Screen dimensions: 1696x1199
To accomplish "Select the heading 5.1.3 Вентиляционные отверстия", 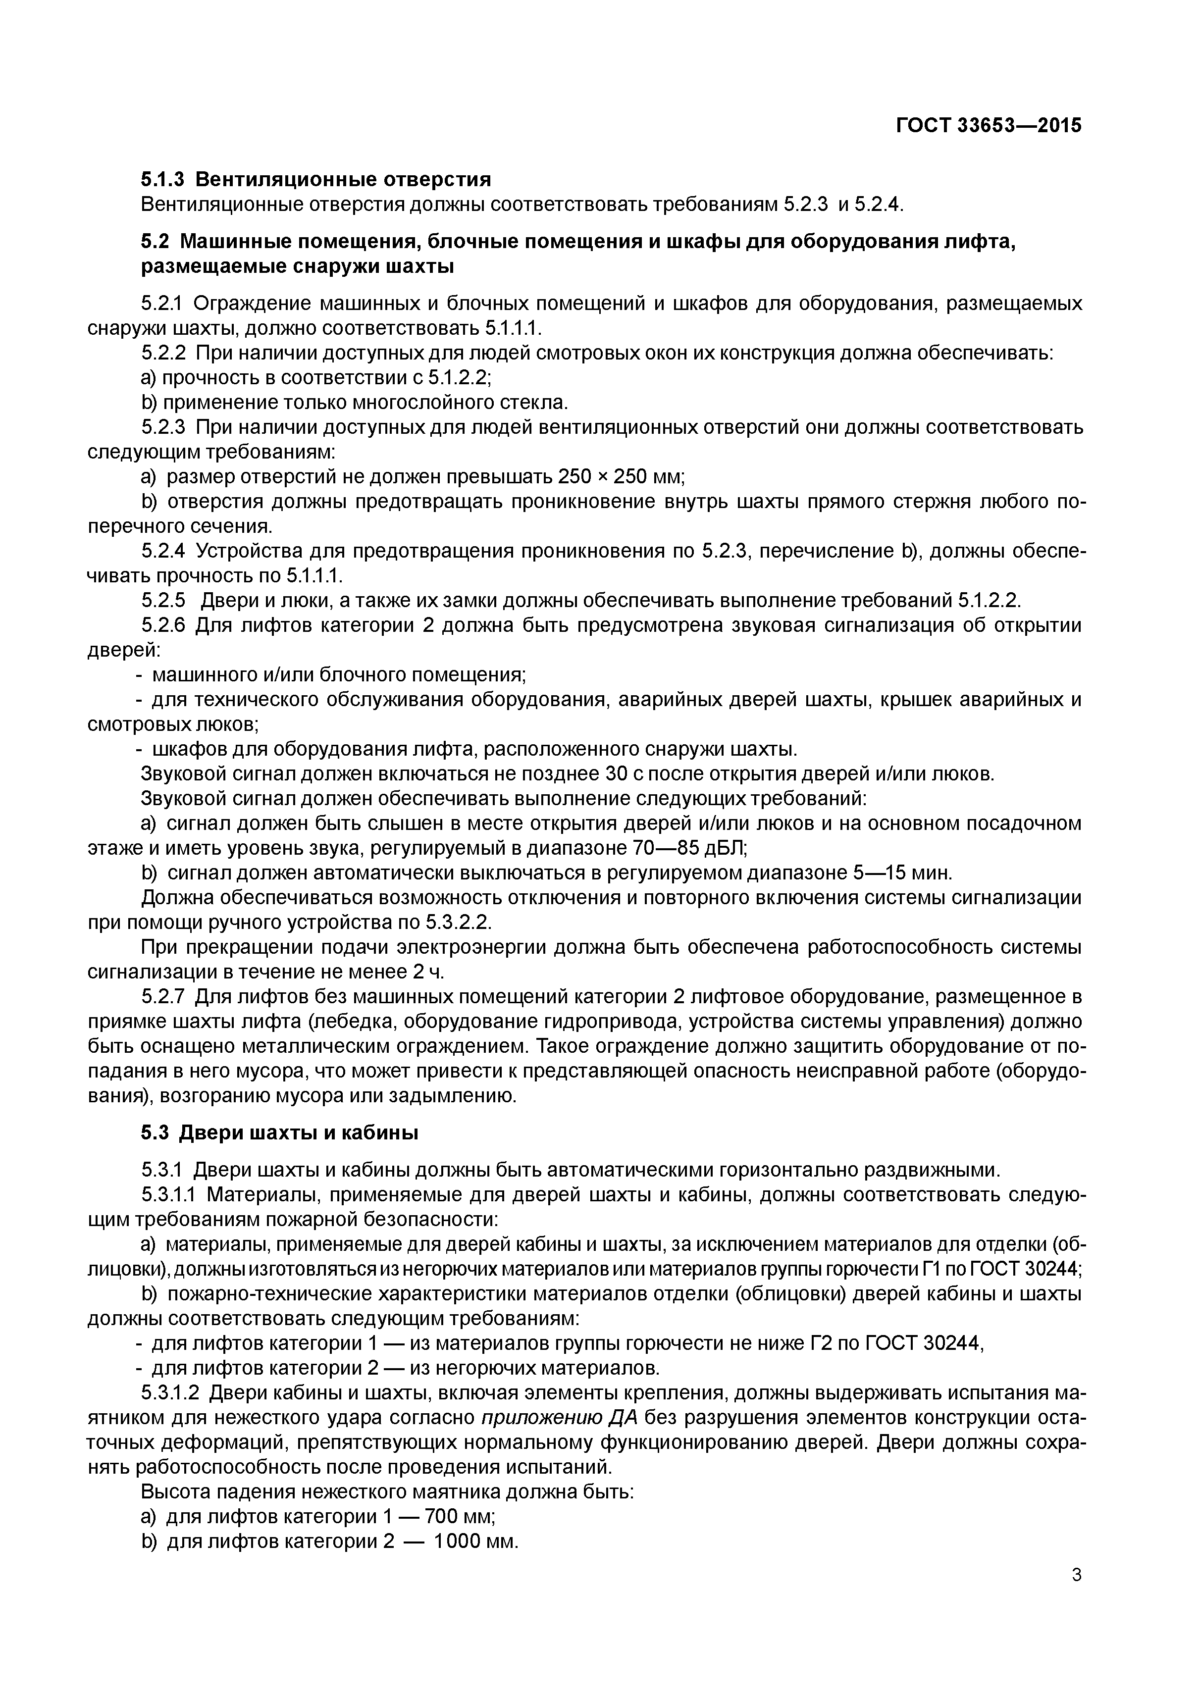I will click(315, 179).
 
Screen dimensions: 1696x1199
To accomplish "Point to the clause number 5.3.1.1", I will click(169, 1194).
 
